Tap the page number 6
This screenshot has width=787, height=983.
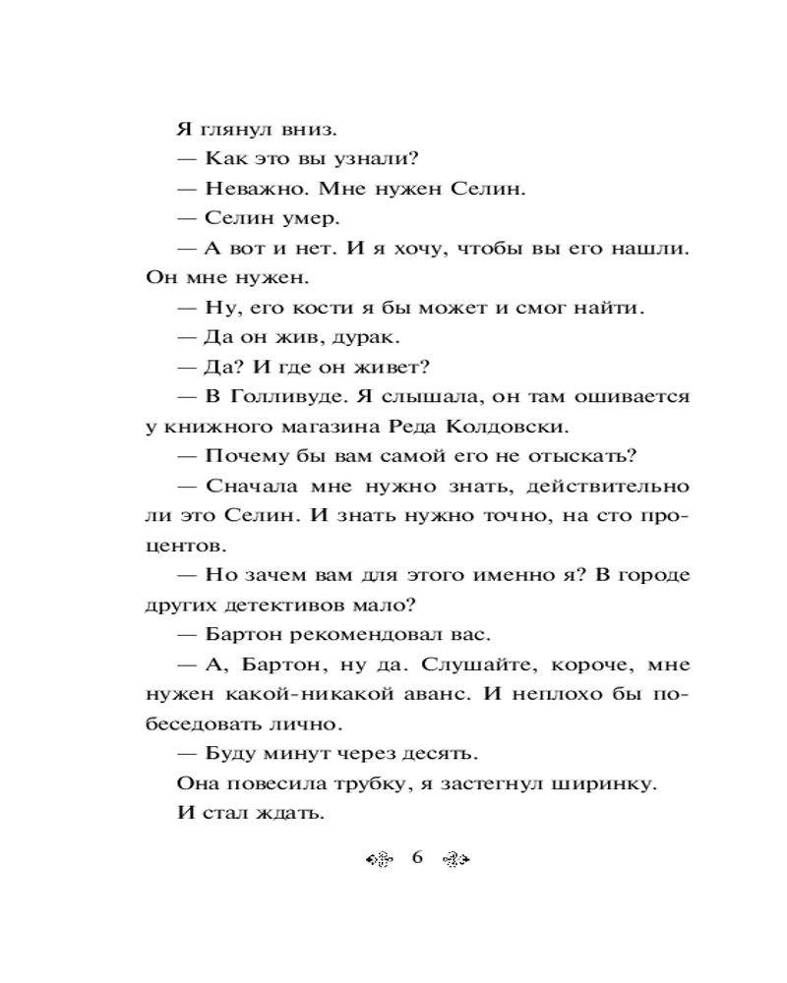(x=417, y=857)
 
